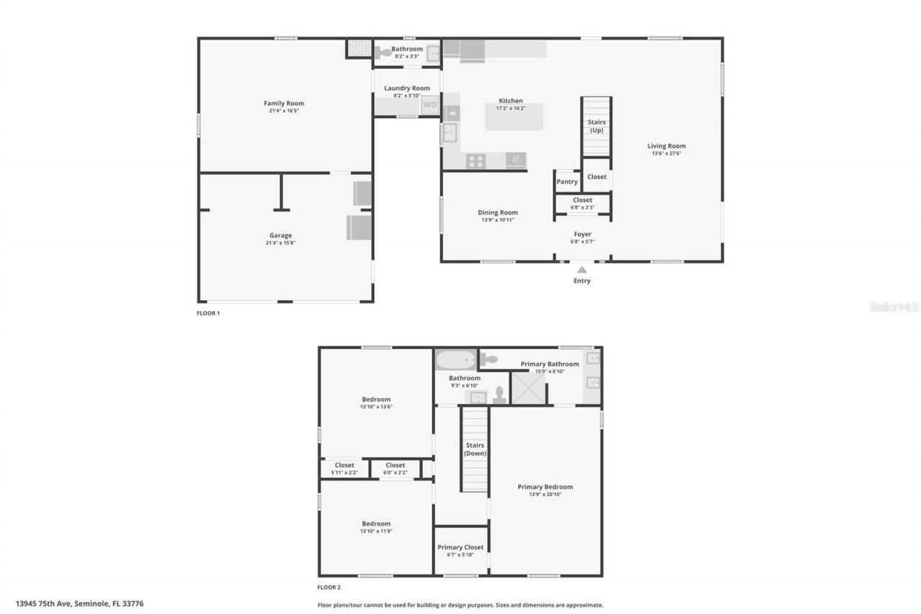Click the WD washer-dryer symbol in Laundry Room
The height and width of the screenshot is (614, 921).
point(430,105)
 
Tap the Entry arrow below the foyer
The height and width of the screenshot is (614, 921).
point(582,269)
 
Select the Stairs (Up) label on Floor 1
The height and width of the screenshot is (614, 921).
point(596,126)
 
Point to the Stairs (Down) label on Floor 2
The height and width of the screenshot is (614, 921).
point(475,449)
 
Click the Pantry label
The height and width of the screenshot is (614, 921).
point(567,182)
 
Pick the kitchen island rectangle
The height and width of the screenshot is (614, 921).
point(513,117)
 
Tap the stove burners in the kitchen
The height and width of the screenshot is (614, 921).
point(476,161)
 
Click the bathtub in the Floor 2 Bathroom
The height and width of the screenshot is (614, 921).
point(455,359)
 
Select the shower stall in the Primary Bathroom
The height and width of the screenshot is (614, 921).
point(527,388)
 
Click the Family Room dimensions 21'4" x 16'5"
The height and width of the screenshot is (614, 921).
point(284,112)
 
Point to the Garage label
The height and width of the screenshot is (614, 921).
point(281,235)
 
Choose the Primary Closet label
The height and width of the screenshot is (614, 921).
point(460,548)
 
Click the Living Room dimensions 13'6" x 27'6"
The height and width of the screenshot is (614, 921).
point(666,153)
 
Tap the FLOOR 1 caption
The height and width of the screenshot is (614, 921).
point(208,313)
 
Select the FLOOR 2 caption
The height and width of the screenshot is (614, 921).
point(329,587)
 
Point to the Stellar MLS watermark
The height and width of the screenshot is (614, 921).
point(894,307)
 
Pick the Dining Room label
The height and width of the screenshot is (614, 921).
point(498,212)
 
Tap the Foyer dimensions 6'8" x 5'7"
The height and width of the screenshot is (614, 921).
point(582,242)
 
